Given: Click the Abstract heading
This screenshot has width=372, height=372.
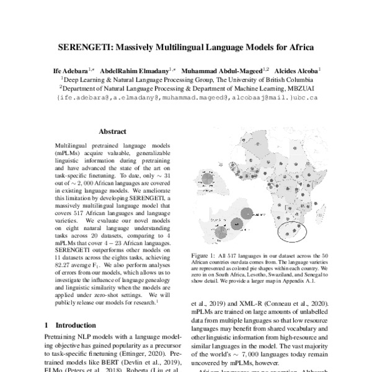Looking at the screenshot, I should click(112, 131).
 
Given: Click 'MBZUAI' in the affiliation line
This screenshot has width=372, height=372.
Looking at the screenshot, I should click(300, 89).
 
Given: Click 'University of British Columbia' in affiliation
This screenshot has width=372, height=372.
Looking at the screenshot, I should click(274, 80).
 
